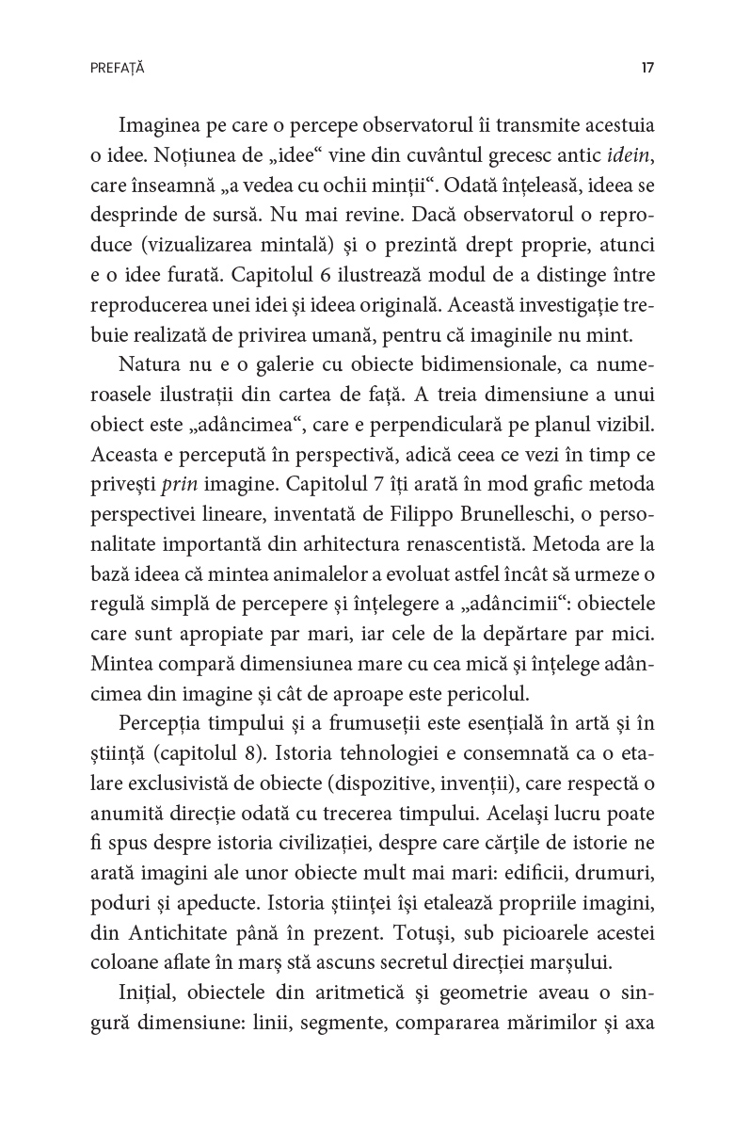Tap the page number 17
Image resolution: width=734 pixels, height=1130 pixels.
click(646, 69)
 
